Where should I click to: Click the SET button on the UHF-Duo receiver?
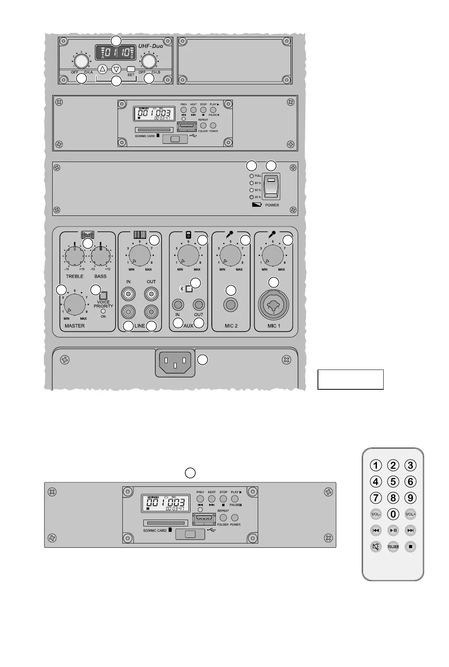tap(131, 69)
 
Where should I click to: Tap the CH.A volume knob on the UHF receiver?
tap(81, 61)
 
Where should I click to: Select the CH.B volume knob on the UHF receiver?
tap(148, 61)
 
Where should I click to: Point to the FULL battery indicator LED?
tap(251, 176)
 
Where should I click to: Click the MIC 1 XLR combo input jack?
tap(274, 305)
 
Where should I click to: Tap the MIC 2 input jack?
tap(231, 305)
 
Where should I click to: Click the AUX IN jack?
tap(178, 305)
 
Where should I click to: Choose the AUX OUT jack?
tap(199, 305)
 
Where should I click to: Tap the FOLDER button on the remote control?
tap(393, 547)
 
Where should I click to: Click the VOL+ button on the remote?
tap(411, 514)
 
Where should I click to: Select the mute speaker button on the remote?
tap(376, 547)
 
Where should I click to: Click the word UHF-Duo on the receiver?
tap(150, 46)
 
